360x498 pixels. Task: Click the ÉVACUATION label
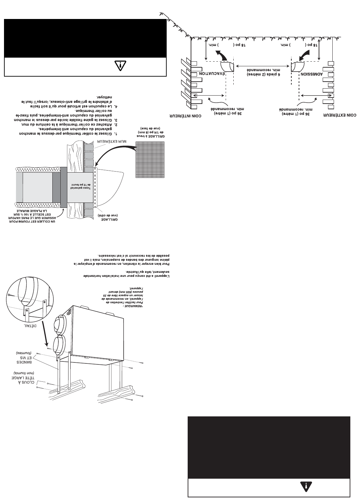tap(212, 74)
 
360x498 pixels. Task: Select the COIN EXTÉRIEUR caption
tap(340, 115)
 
